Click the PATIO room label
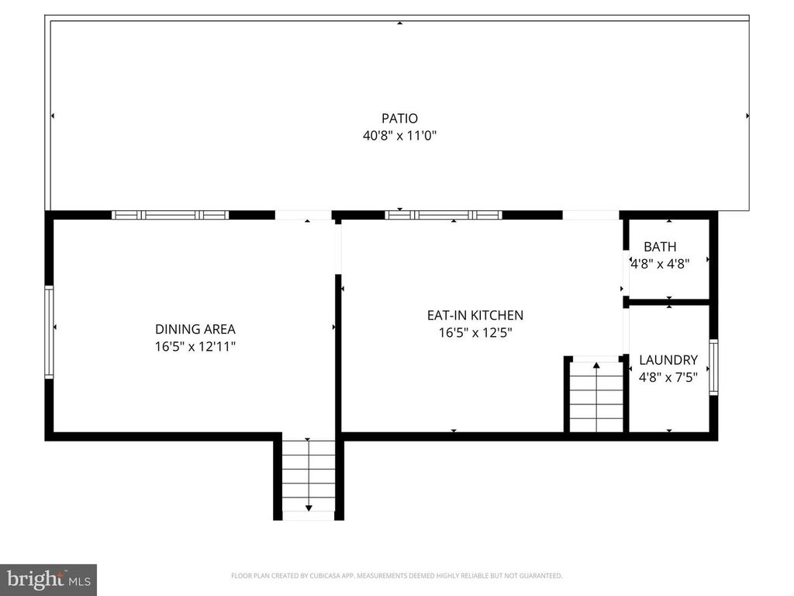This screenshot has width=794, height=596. tap(399, 119)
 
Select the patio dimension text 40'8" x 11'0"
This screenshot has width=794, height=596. tap(399, 135)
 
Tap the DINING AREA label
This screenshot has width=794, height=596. tap(195, 329)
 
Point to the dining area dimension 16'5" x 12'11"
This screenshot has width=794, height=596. tap(195, 346)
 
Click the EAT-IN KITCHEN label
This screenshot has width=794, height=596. tap(475, 315)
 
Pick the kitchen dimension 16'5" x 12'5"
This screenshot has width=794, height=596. tap(475, 332)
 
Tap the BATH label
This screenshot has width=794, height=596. tap(660, 247)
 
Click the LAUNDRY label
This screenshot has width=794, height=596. tap(668, 360)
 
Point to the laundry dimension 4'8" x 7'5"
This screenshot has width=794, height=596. tap(668, 377)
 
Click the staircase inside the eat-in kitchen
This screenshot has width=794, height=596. tap(596, 396)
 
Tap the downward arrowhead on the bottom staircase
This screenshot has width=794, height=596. tap(309, 508)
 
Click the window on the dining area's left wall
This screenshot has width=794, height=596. tap(50, 331)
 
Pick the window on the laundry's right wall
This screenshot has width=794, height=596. tap(713, 367)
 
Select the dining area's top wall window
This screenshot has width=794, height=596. tap(171, 215)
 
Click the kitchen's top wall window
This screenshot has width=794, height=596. tap(444, 215)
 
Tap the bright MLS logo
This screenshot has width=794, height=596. tap(48, 580)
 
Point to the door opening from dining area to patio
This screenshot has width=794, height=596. tap(303, 215)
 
